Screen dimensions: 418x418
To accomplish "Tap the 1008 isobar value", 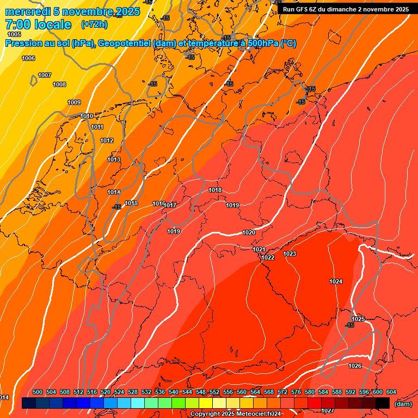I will point(59,84).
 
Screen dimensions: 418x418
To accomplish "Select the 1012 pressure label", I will point(107,140).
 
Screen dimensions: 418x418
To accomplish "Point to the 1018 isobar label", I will point(215,190).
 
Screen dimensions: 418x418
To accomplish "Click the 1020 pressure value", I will point(249,232).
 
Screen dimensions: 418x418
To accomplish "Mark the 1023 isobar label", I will point(290,254).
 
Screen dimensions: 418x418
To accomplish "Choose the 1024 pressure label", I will point(336,281).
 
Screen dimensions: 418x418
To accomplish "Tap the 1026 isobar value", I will point(355,366).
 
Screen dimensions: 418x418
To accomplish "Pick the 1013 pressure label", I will point(114,159).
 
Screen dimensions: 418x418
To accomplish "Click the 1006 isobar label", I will point(28,58).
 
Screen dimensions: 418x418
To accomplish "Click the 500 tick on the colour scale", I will point(38,392).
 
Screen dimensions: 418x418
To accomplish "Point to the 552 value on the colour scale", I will point(214,392).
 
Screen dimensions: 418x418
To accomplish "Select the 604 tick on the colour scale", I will point(391,392).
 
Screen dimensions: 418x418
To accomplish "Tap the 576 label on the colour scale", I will point(296,392).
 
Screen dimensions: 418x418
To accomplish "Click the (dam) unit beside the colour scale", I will point(402,403).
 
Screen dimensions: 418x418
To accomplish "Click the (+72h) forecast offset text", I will point(94,24).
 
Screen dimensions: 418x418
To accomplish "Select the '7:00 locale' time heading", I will point(38,24).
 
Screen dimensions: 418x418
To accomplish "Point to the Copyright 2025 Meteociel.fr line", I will point(235,414).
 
